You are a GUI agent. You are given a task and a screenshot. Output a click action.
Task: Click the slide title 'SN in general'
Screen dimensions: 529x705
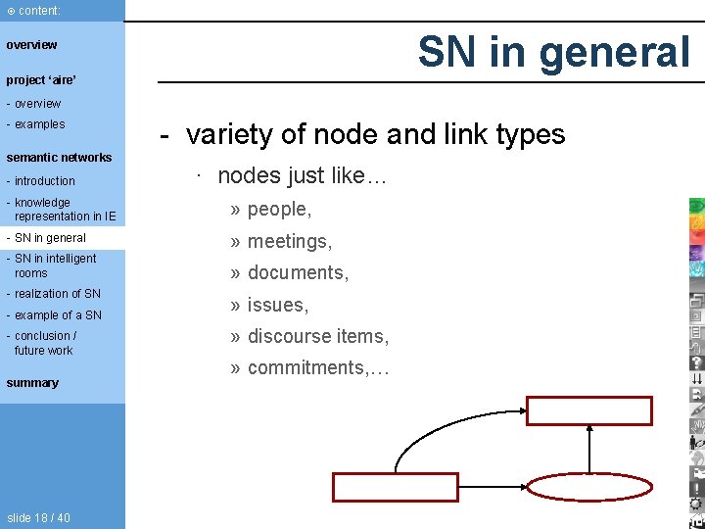pyautogui.click(x=553, y=52)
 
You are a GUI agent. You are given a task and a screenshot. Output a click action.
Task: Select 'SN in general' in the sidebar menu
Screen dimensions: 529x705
pyautogui.click(x=50, y=238)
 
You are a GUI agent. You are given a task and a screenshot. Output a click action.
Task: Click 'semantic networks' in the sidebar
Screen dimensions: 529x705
pyautogui.click(x=59, y=157)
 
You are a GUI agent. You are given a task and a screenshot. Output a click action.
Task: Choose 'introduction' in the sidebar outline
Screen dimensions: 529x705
pyautogui.click(x=45, y=181)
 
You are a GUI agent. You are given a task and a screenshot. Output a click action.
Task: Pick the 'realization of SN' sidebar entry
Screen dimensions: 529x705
pyautogui.click(x=58, y=294)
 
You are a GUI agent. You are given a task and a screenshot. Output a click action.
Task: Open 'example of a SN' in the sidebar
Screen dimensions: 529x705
pyautogui.click(x=58, y=315)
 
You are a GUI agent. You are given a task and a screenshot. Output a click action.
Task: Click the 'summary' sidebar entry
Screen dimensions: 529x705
pyautogui.click(x=32, y=383)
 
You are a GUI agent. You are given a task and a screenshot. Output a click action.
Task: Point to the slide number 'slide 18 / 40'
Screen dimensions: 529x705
pyautogui.click(x=38, y=517)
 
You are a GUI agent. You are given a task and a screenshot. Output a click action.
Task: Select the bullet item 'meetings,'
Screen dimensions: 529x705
pyautogui.click(x=290, y=241)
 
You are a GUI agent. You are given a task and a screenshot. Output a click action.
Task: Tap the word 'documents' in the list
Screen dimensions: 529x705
pyautogui.click(x=296, y=272)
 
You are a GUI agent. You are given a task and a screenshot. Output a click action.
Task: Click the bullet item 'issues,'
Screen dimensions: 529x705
pyautogui.click(x=278, y=305)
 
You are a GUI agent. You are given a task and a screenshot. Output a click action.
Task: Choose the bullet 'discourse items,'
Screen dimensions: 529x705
pyautogui.click(x=317, y=336)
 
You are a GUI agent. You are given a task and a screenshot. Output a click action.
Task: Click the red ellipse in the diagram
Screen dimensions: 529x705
pyautogui.click(x=590, y=487)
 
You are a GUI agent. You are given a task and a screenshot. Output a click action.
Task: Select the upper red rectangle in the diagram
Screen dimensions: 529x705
pyautogui.click(x=589, y=410)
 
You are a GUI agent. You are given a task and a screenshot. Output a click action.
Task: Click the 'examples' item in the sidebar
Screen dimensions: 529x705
pyautogui.click(x=39, y=124)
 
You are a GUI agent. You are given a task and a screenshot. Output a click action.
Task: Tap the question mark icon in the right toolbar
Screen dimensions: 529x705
pyautogui.click(x=696, y=363)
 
